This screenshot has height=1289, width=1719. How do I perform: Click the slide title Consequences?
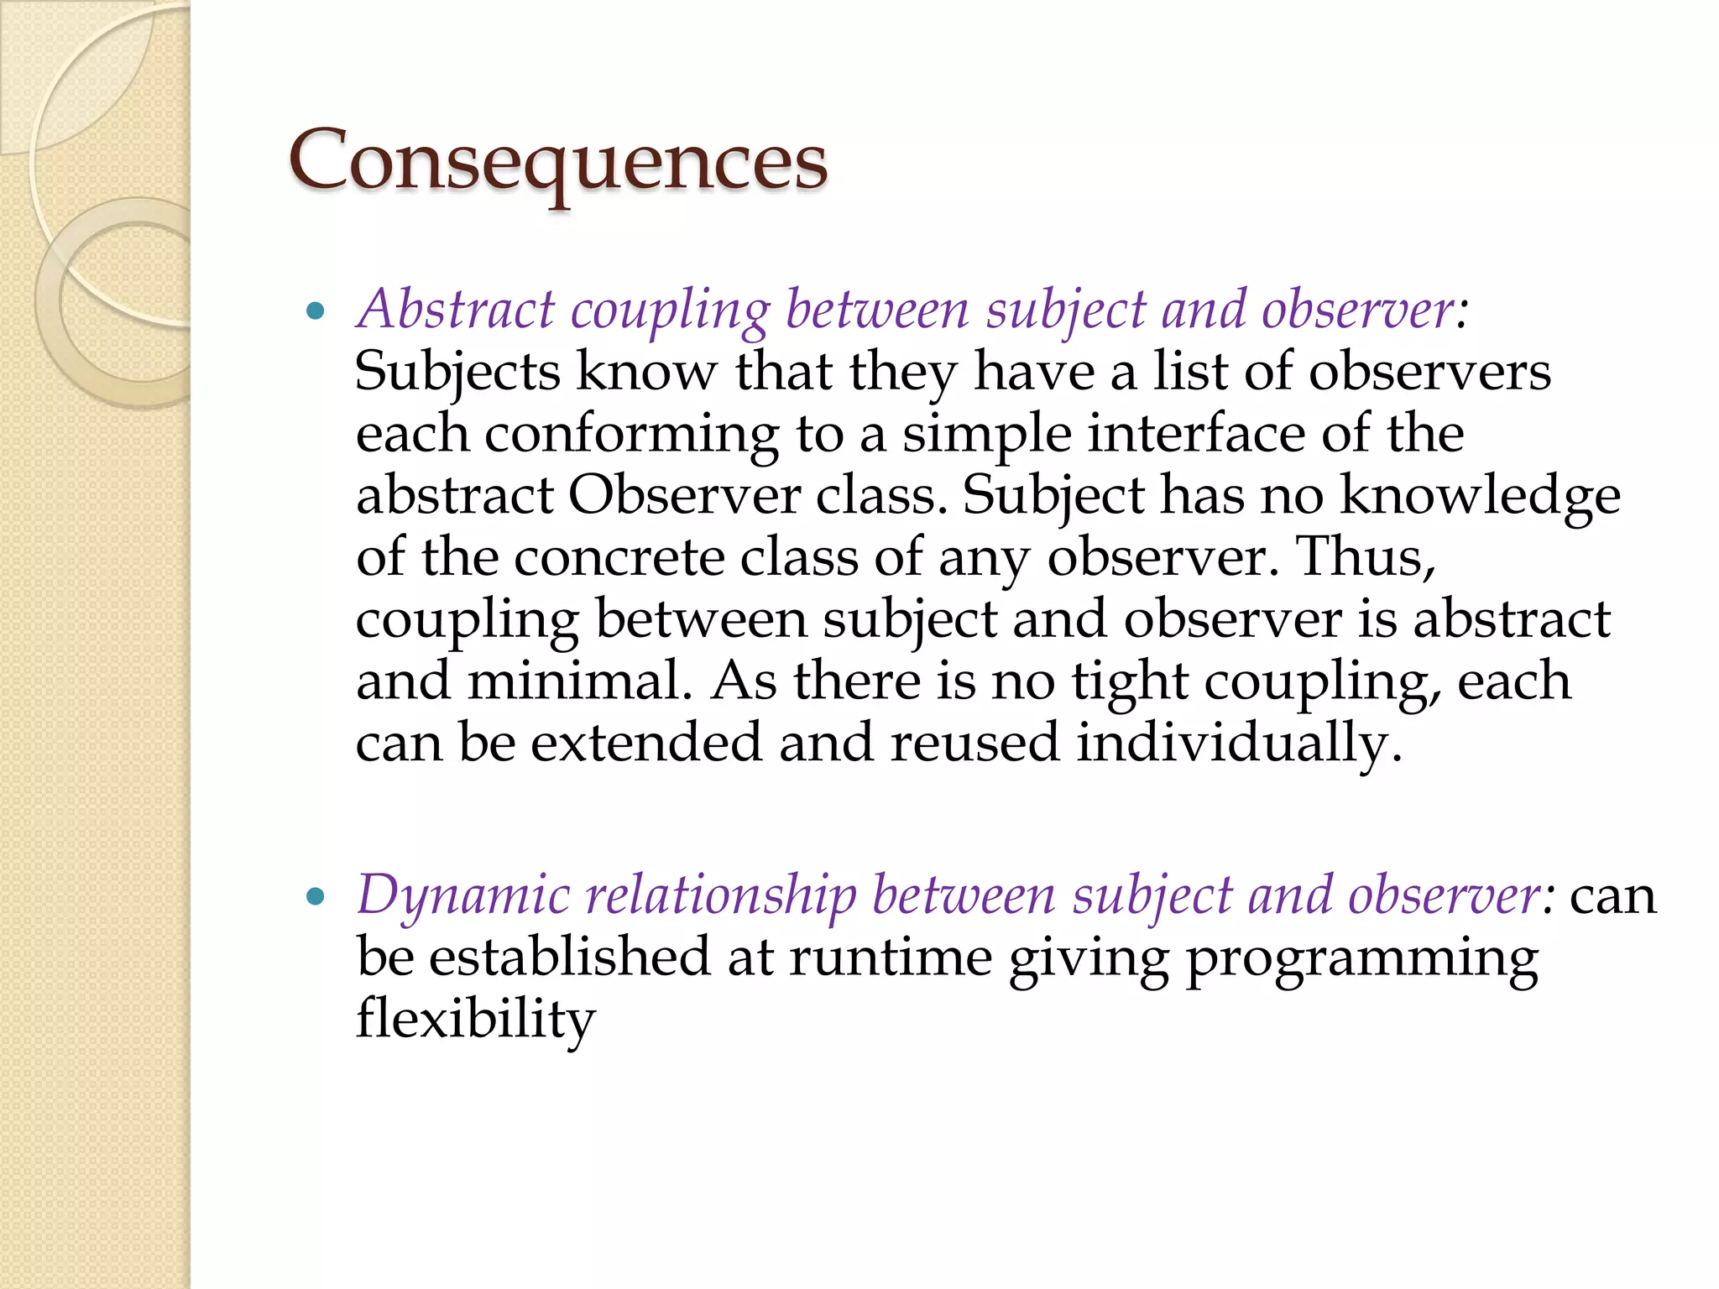[x=558, y=161]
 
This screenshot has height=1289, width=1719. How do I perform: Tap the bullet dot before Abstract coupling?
[x=316, y=313]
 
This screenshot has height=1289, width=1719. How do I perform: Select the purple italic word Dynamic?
[x=464, y=896]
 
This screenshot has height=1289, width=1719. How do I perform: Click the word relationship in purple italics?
[x=720, y=896]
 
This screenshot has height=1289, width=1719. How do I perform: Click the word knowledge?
[x=1480, y=497]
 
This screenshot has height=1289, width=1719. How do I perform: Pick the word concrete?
[x=619, y=558]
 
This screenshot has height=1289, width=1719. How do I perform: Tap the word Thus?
[x=1366, y=556]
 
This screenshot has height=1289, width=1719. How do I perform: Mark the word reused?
[x=974, y=743]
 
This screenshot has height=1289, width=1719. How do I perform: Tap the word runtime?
[x=891, y=958]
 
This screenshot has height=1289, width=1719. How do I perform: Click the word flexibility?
[x=475, y=1020]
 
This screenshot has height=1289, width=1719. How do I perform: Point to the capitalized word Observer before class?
[x=684, y=496]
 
